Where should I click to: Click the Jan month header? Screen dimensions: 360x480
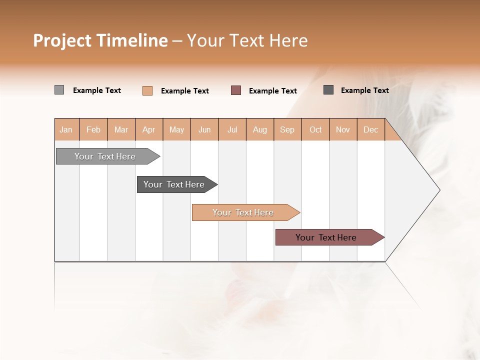[66, 129]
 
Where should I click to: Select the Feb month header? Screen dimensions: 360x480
[93, 129]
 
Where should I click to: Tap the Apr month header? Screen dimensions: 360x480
[149, 129]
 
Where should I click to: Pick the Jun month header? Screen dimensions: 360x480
[204, 129]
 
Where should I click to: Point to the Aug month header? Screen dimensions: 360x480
[260, 129]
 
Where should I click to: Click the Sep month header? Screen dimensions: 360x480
[287, 129]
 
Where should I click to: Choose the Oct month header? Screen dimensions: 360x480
[315, 129]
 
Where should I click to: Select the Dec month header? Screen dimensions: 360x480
[371, 129]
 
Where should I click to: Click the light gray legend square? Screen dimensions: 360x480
[59, 90]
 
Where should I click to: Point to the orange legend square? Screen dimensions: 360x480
[147, 90]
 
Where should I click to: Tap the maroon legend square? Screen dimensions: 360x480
[236, 90]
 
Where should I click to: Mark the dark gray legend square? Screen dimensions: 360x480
[328, 90]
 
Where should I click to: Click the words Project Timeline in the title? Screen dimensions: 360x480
[100, 40]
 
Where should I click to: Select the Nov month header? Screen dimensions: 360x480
[343, 129]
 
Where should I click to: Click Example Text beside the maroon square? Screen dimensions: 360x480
[272, 91]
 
